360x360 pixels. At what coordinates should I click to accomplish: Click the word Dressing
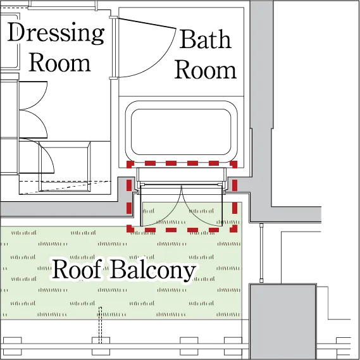pos(56,34)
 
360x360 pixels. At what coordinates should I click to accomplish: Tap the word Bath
pos(205,39)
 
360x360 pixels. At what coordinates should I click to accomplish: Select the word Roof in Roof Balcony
pos(77,269)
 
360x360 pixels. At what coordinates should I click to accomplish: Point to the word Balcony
pos(153,270)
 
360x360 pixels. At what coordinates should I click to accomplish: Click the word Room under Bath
pos(205,70)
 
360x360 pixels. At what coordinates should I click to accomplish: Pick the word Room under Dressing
pos(59,62)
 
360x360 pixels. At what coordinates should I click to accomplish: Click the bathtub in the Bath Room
pos(182,132)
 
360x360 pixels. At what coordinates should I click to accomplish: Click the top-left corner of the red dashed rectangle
pos(129,163)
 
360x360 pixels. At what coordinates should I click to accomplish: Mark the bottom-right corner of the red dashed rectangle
pos(235,230)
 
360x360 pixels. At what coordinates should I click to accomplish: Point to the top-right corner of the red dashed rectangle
pos(235,163)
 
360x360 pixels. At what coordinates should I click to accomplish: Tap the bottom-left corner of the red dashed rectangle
pos(129,230)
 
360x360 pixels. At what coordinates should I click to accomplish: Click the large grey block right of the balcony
pos(283,321)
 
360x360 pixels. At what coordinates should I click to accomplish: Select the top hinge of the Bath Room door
pos(113,18)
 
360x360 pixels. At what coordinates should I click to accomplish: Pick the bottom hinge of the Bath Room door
pos(113,78)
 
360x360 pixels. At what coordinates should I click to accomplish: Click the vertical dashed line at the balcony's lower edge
pos(100,325)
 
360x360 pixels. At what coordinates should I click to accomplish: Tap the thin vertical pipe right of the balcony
pos(261,253)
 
